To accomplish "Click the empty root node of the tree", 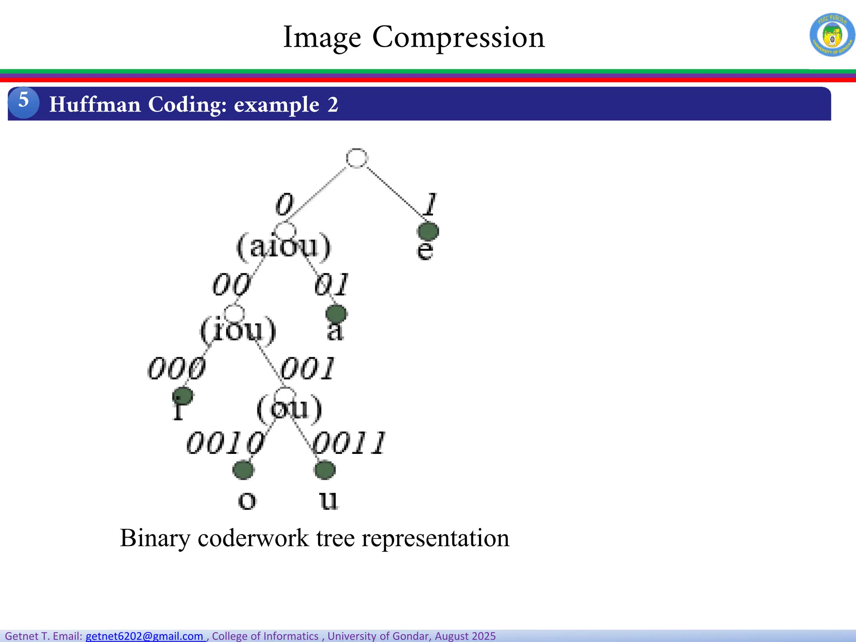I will point(357,158).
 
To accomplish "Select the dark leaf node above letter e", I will point(428,231).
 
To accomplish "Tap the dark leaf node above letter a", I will point(336,313).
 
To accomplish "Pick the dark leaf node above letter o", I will point(243,470).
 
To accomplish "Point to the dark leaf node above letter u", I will point(325,470).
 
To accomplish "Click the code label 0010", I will point(225,443).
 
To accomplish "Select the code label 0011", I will point(349,443).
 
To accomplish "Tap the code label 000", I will point(177,369).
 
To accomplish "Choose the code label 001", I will point(308,369).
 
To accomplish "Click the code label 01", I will point(331,285).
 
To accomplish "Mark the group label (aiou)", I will point(284,247).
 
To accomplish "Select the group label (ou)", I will point(289,408).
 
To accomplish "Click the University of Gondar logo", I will point(832,35).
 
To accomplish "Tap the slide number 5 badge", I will point(23,102).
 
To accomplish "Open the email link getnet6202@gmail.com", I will point(145,636).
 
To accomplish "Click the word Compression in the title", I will point(458,38).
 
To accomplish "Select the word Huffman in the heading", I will point(95,104).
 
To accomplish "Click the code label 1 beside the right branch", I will point(430,204).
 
